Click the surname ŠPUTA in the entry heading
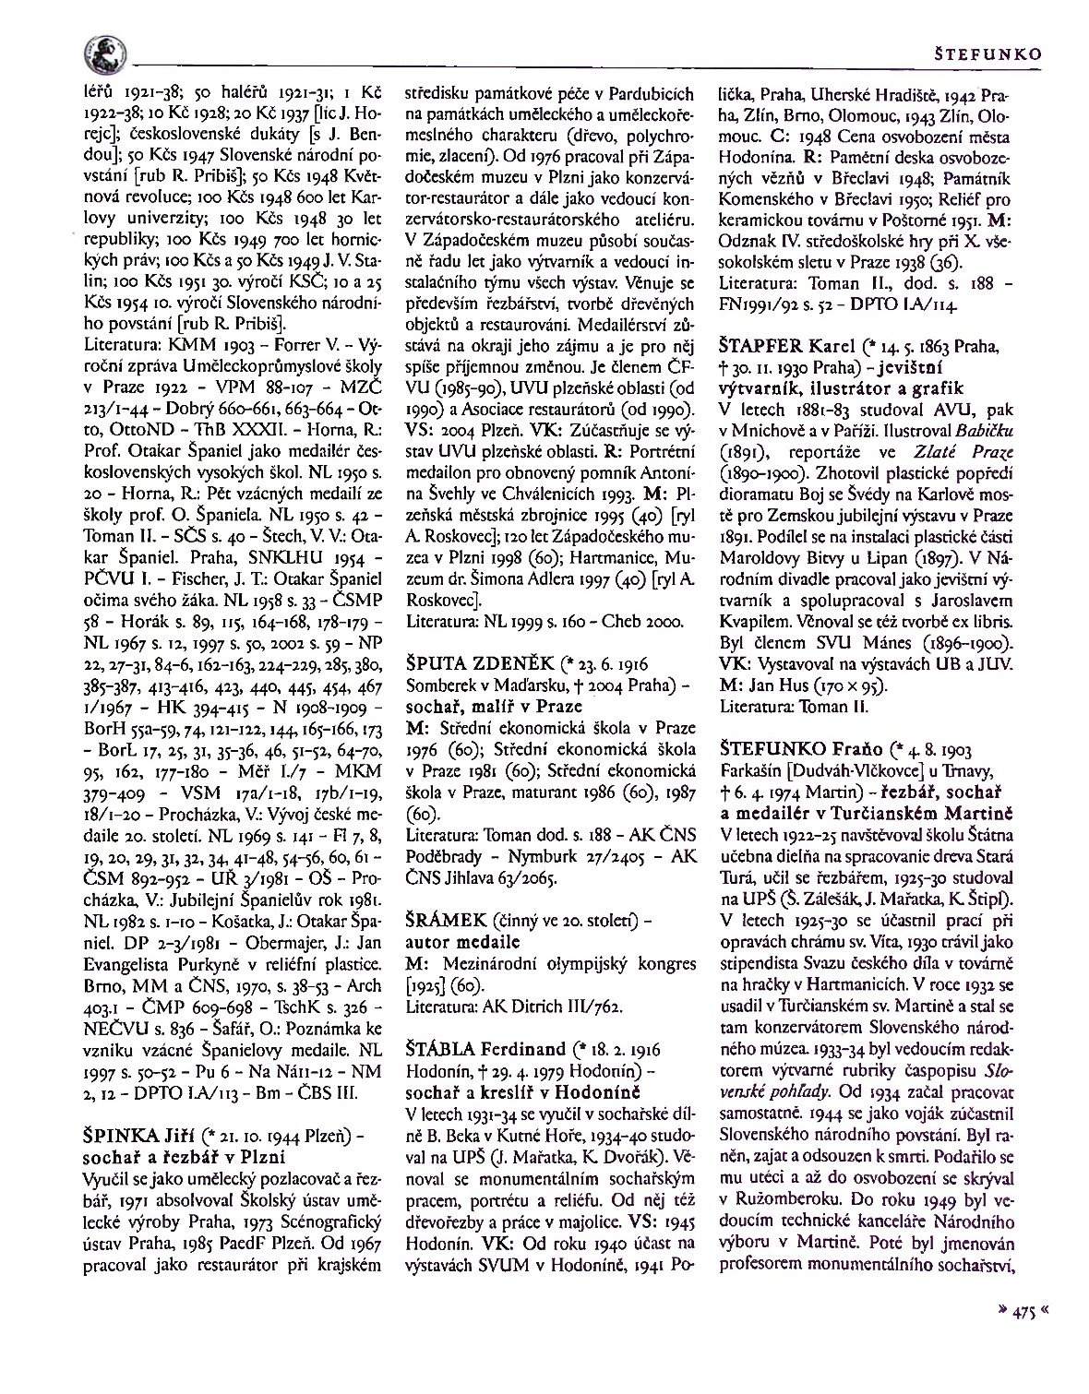(437, 662)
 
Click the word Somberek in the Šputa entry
(441, 685)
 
